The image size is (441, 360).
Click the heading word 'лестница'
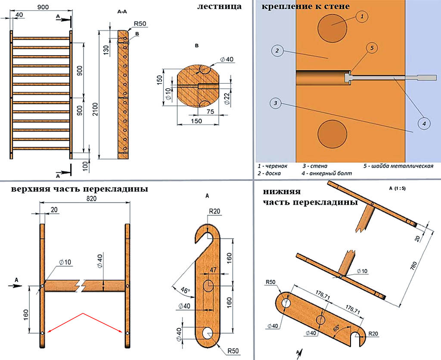[x=219, y=6]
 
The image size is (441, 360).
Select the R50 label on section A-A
[x=140, y=24]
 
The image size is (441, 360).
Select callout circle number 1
[x=362, y=17]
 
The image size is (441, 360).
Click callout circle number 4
[x=424, y=124]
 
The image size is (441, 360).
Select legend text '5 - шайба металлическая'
[x=398, y=165]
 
